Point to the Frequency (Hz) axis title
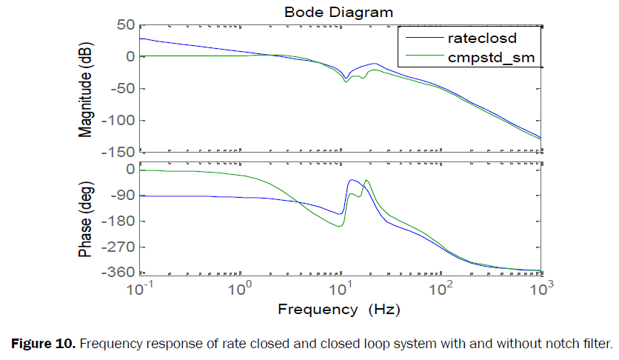click(x=340, y=308)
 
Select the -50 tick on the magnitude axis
click(x=122, y=88)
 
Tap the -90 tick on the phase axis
click(x=122, y=195)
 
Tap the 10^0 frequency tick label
click(x=239, y=287)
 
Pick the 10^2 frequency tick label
click(x=442, y=287)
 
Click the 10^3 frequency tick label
click(x=543, y=287)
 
